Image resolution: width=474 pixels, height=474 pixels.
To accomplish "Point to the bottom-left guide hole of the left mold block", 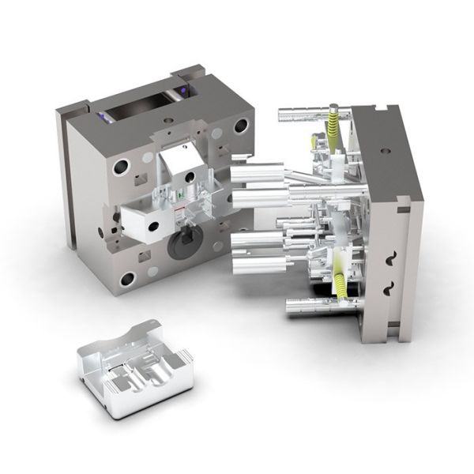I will tap(126, 278).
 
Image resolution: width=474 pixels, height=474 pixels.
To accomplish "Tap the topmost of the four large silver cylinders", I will tap(259, 171).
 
